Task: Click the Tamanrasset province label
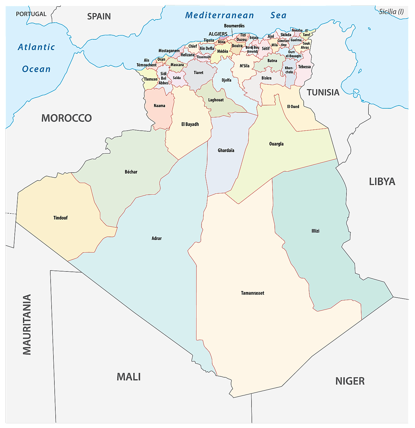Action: coord(252,293)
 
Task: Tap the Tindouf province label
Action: coord(60,218)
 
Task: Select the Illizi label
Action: coord(315,231)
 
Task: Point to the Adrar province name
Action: coord(157,238)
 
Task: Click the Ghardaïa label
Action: coord(226,151)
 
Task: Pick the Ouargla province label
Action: coord(276,144)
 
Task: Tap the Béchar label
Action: coord(131,172)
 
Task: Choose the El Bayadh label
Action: coord(190,124)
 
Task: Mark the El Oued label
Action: coord(293,107)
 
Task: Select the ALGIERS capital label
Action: coord(218,34)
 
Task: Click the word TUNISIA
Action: coord(323,93)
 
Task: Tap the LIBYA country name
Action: coord(382,182)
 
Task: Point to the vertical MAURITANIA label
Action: coord(27,324)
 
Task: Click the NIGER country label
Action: coord(350,381)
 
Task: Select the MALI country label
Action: coord(129,377)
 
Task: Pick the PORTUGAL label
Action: coord(31,14)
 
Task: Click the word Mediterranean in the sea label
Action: coord(219,15)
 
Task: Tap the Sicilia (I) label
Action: coord(391,12)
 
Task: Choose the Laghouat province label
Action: coord(216,100)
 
